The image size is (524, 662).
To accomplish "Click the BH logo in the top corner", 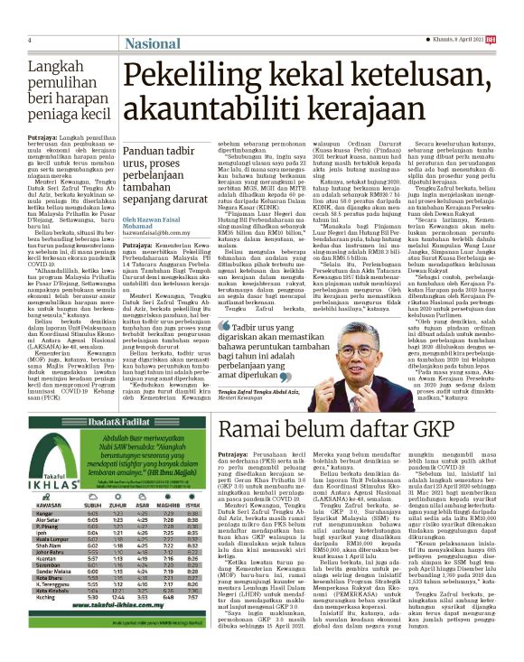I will click(515, 39).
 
